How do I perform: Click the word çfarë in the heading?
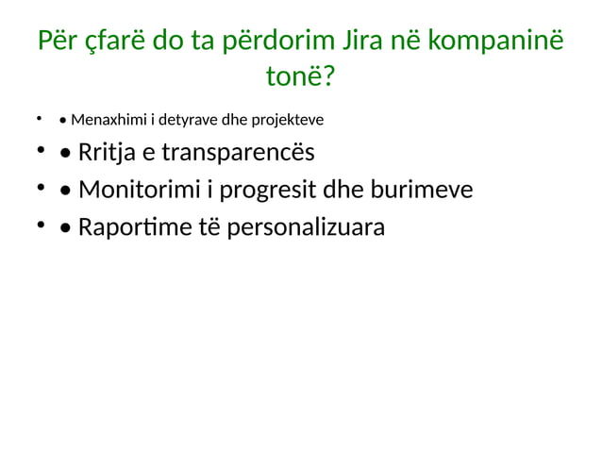click(x=105, y=42)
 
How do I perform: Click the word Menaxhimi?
click(x=105, y=120)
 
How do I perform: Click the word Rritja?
click(x=108, y=153)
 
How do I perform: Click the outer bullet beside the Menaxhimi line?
click(x=40, y=120)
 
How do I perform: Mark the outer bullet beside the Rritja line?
click(x=41, y=152)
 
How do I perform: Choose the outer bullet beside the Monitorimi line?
click(x=41, y=190)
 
